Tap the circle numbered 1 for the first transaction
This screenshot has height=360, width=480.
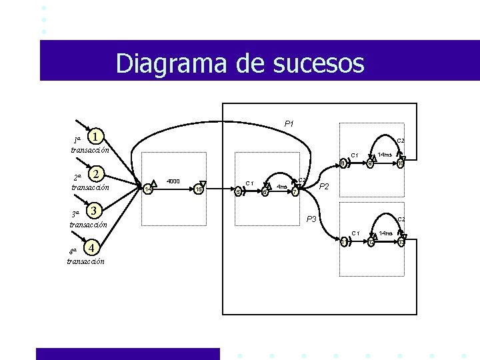point(97,137)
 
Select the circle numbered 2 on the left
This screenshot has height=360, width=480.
point(97,174)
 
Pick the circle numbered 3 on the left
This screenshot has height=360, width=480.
point(96,211)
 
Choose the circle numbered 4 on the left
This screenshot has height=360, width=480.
point(93,249)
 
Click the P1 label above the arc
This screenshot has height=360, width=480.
point(289,123)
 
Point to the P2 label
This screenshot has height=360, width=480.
point(326,187)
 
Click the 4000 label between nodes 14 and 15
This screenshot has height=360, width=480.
point(173,181)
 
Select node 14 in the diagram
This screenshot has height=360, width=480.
point(149,191)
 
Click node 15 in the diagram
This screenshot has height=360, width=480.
point(199,191)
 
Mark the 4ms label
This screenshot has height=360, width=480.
point(282,187)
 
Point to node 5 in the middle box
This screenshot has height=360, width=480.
point(238,192)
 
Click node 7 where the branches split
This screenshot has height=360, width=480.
point(295,192)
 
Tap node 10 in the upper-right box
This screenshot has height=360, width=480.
point(401,163)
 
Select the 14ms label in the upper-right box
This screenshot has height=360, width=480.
point(385,155)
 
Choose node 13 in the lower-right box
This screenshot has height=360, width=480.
point(401,242)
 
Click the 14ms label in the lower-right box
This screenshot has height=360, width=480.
point(385,233)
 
